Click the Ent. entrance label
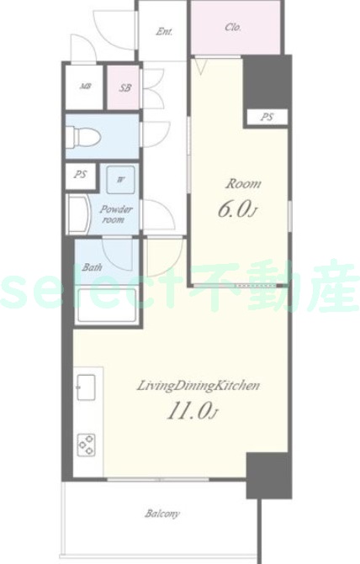pyautogui.click(x=164, y=33)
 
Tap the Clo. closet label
pyautogui.click(x=233, y=27)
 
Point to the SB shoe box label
pyautogui.click(x=124, y=87)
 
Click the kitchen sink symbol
pyautogui.click(x=87, y=387)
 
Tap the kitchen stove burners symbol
pyautogui.click(x=87, y=443)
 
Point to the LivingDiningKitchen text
pyautogui.click(x=199, y=386)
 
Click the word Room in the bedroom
pyautogui.click(x=241, y=183)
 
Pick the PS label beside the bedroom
pyautogui.click(x=266, y=118)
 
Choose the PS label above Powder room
pyautogui.click(x=81, y=175)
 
